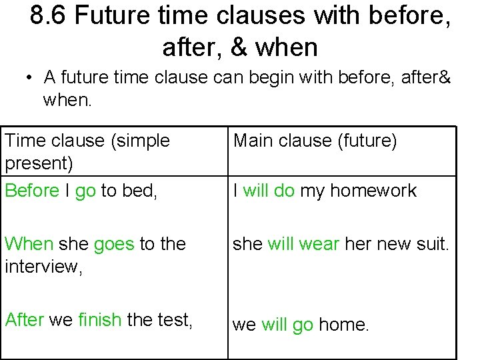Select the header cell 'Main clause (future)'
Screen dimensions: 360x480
[x=315, y=141]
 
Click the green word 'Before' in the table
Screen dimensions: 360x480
[x=32, y=190]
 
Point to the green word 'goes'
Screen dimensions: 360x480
[x=114, y=245]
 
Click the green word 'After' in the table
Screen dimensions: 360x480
[x=24, y=319]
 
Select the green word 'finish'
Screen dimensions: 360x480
[x=100, y=319]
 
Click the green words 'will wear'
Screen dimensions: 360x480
[x=303, y=244]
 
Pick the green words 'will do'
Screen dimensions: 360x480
[x=269, y=190]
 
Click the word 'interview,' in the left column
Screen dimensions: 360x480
[x=43, y=266]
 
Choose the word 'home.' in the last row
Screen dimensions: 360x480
[x=343, y=325]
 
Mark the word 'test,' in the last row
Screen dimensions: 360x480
[x=175, y=319]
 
